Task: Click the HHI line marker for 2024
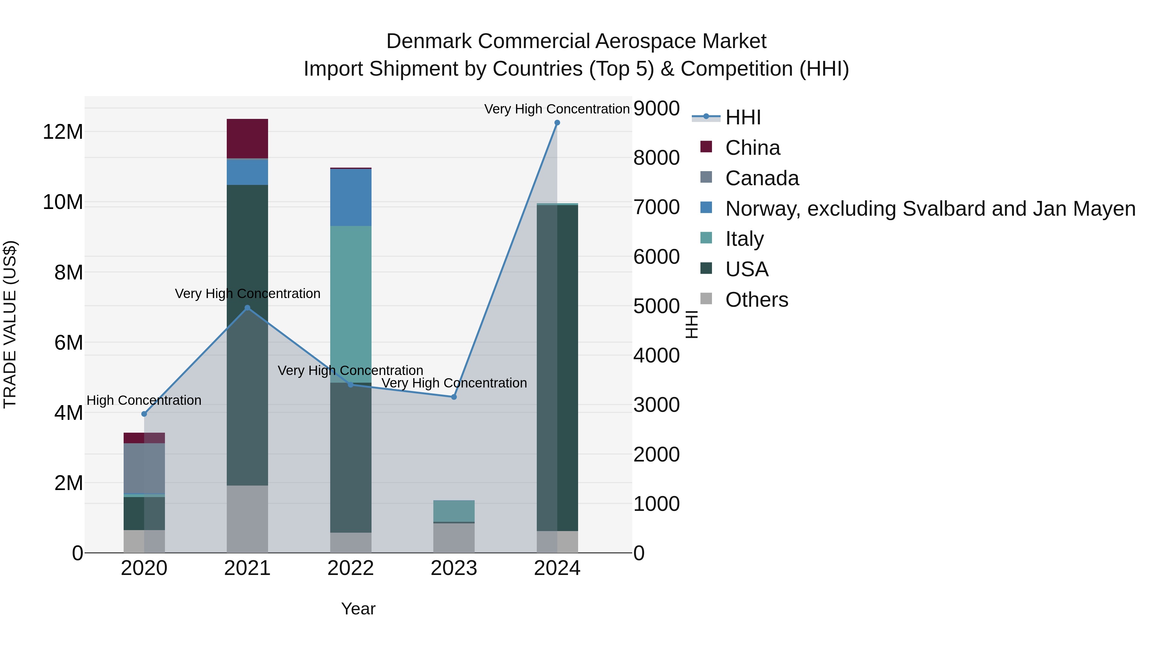click(x=557, y=123)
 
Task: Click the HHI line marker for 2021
click(x=248, y=308)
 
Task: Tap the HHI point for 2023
click(x=454, y=397)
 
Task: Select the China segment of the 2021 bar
click(x=248, y=139)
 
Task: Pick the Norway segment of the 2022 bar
click(x=351, y=197)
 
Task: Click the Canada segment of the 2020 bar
click(x=144, y=468)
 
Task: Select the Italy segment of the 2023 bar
click(x=454, y=511)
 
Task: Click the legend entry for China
click(x=752, y=148)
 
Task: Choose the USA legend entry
click(x=747, y=269)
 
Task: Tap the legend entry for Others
click(x=756, y=300)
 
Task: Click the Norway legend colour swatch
click(x=706, y=208)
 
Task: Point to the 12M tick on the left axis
click(x=63, y=132)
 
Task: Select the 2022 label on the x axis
click(x=351, y=568)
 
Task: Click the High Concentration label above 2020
click(x=144, y=400)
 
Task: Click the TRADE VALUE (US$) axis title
click(x=10, y=324)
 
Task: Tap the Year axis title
click(x=358, y=609)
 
